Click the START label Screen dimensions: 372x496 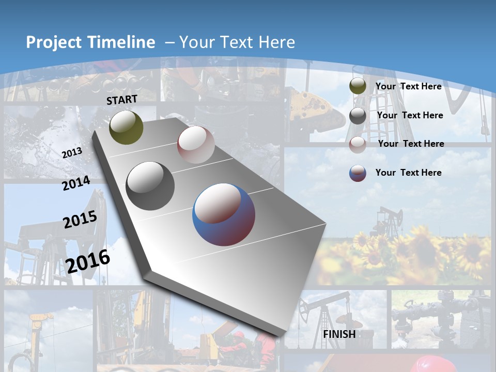pyautogui.click(x=122, y=100)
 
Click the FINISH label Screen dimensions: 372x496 pyautogui.click(x=339, y=334)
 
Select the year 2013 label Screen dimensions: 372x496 pyautogui.click(x=72, y=153)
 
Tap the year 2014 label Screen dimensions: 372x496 pyautogui.click(x=76, y=183)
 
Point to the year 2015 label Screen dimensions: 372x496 pyautogui.click(x=80, y=220)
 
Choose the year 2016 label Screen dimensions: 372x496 pyautogui.click(x=88, y=261)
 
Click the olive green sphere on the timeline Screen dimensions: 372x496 pyautogui.click(x=127, y=127)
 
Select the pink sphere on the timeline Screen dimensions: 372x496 pyautogui.click(x=196, y=145)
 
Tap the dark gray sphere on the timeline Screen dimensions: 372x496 pyautogui.click(x=150, y=186)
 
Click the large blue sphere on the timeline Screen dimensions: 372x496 pyautogui.click(x=224, y=214)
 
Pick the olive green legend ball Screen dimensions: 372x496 pyautogui.click(x=358, y=86)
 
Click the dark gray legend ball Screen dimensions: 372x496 pyautogui.click(x=358, y=116)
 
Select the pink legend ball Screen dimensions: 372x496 pyautogui.click(x=358, y=144)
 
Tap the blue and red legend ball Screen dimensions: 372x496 pyautogui.click(x=358, y=173)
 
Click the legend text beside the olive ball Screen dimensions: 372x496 pyautogui.click(x=408, y=86)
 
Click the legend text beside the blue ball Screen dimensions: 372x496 pyautogui.click(x=408, y=173)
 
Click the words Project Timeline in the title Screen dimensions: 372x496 pyautogui.click(x=90, y=42)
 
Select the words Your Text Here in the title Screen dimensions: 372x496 pyautogui.click(x=237, y=42)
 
